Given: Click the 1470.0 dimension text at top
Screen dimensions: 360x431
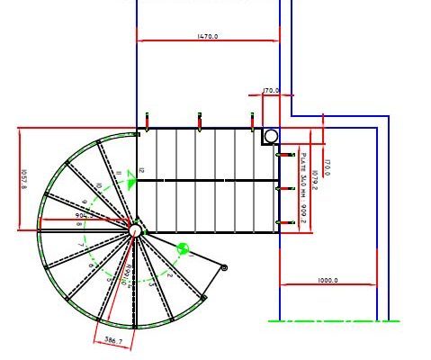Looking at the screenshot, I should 208,37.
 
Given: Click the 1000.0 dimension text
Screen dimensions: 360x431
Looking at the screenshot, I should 328,281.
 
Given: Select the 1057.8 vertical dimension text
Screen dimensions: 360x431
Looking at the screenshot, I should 24,180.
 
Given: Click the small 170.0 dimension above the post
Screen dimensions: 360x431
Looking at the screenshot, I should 270,91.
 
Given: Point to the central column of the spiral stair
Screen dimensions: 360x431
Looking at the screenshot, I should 135,231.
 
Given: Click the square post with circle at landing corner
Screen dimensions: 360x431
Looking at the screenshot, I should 270,136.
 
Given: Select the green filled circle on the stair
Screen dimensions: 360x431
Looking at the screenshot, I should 183,248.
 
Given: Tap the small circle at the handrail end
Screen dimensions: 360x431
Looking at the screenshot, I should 223,267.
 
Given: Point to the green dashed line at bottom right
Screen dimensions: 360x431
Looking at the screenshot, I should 333,320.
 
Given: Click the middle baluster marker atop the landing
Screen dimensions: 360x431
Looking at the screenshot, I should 199,120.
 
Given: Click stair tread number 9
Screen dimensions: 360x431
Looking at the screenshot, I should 85,203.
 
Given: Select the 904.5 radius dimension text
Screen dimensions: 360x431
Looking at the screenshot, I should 86,216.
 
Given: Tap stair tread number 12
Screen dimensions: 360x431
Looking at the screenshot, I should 141,170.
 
